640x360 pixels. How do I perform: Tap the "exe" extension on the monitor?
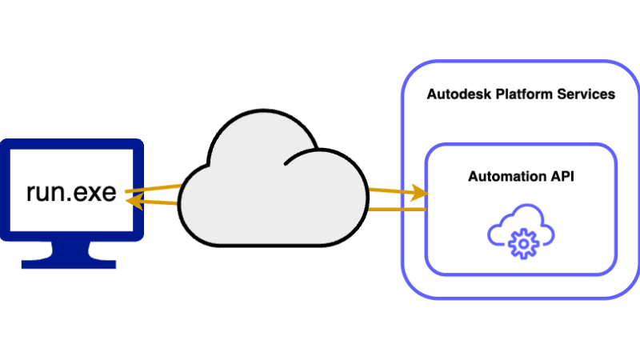pos(97,193)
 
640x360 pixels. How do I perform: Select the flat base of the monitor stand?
pos(70,262)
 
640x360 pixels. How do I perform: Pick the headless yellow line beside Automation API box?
pos(397,210)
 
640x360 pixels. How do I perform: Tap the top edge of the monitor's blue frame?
pos(70,144)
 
